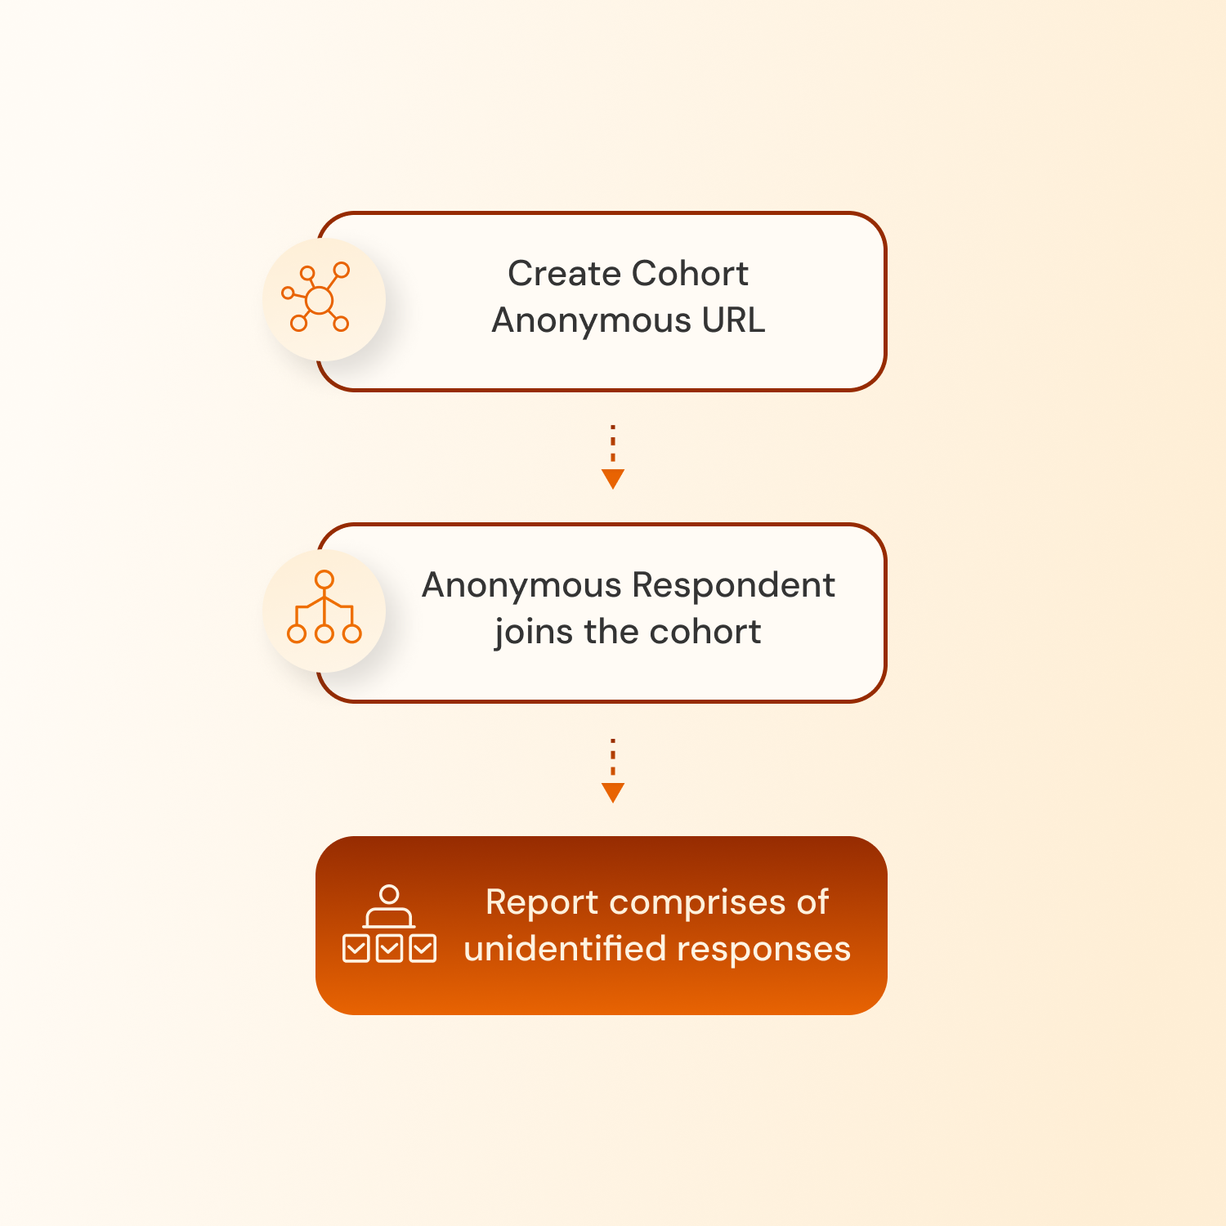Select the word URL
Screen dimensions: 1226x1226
pos(733,320)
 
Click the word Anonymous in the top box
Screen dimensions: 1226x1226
pos(591,320)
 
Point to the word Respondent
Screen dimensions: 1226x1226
pos(733,585)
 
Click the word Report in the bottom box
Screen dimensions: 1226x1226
pos(542,902)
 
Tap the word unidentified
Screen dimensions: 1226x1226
pos(565,949)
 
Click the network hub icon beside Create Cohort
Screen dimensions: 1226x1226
pos(318,299)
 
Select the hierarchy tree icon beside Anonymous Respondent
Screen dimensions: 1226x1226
pos(324,610)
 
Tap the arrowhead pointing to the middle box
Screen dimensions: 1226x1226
pos(613,479)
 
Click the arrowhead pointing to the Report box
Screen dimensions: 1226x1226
pos(613,792)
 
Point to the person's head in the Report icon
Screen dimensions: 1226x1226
pos(390,895)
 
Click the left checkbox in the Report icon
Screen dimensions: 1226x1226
pos(356,949)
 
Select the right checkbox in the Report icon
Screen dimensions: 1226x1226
pos(423,949)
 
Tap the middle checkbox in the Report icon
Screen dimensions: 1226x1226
pos(390,949)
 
